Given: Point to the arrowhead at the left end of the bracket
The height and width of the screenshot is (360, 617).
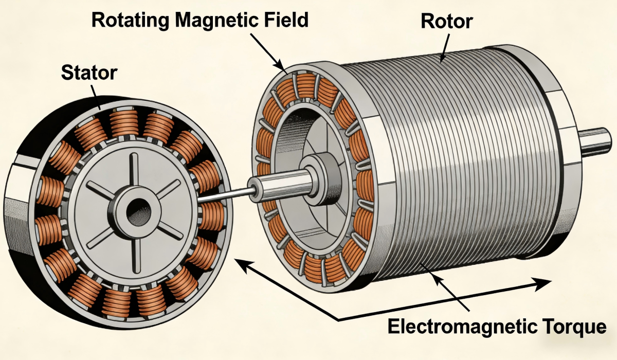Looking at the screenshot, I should pyautogui.click(x=243, y=265).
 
